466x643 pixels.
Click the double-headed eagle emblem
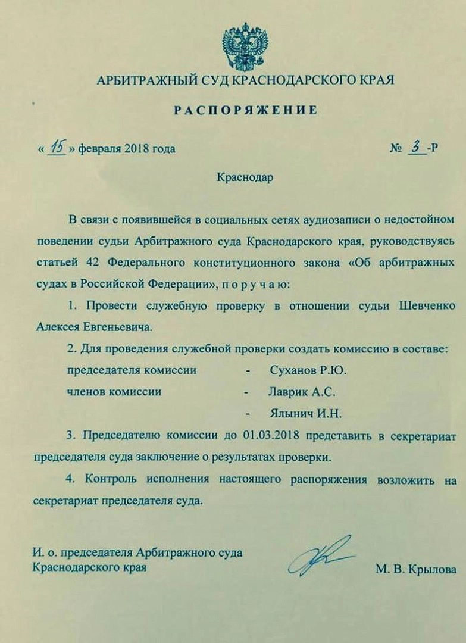coord(245,47)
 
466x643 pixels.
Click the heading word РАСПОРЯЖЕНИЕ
coord(245,110)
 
